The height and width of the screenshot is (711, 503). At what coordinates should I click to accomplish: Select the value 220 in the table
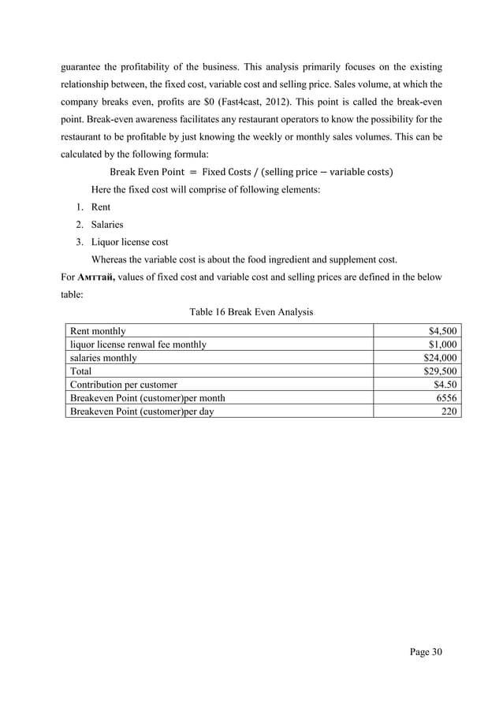pos(450,411)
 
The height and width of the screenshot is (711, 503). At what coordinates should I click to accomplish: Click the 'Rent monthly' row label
pos(98,331)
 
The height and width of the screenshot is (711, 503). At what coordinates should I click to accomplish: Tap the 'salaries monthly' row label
pos(103,358)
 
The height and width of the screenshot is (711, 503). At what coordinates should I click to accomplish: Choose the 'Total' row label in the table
pos(81,370)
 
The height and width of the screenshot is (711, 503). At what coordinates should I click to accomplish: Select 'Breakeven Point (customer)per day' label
pos(141,411)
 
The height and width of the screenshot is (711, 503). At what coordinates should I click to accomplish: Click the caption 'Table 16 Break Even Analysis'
pos(251,312)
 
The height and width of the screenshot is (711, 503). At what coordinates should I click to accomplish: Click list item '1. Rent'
pos(93,207)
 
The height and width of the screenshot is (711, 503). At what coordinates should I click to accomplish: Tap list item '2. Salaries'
pos(99,224)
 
